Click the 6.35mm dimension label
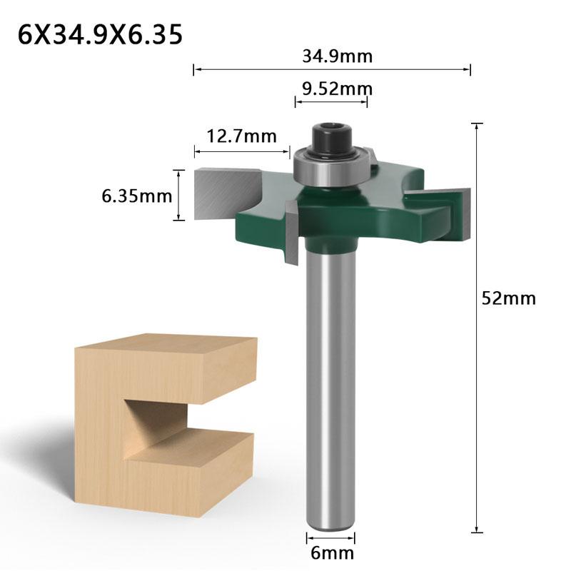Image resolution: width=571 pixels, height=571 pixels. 137,195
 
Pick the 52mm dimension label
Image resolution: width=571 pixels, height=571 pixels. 508,298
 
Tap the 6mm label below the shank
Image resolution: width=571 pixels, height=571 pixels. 331,552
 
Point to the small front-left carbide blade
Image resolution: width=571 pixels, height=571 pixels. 291,232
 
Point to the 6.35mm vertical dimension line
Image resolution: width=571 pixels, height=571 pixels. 178,195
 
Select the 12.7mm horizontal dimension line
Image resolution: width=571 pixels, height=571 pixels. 242,151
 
